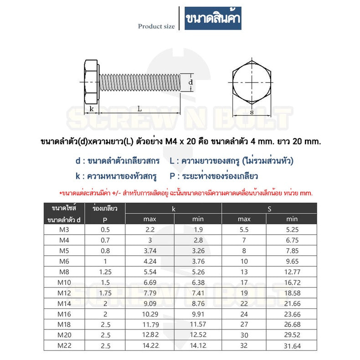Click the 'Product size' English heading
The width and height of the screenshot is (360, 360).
(x=156, y=26)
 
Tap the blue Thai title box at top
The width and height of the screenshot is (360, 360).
(x=213, y=19)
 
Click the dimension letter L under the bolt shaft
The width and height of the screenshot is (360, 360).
(x=139, y=108)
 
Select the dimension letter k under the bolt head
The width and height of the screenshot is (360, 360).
(x=92, y=108)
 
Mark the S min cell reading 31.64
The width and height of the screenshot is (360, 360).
(x=292, y=346)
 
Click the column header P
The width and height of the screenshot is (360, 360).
(x=105, y=220)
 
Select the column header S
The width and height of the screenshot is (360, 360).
(x=269, y=209)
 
